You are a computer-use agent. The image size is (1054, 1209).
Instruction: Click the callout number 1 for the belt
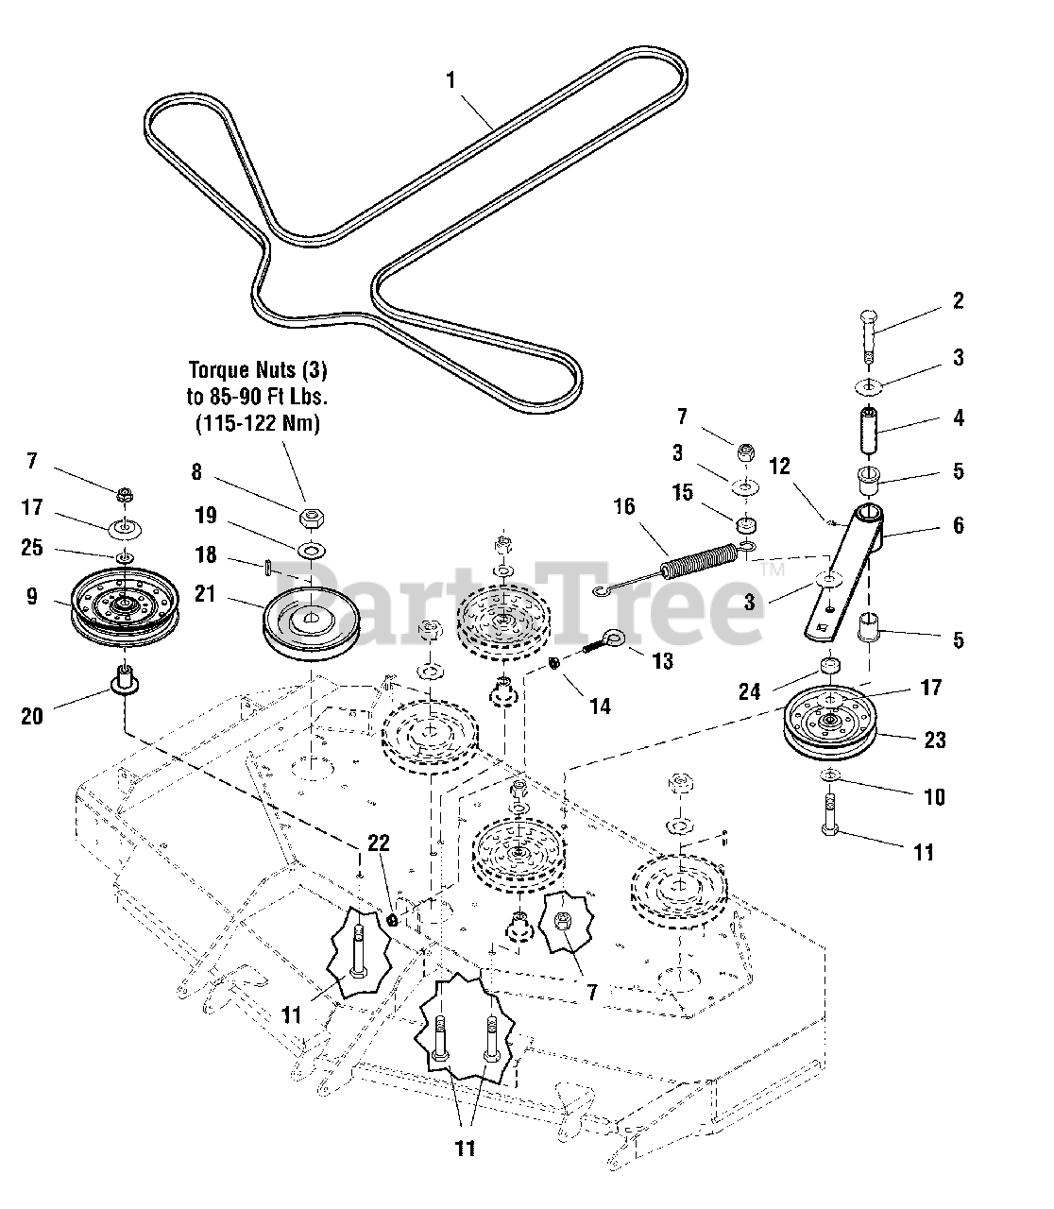[x=451, y=80]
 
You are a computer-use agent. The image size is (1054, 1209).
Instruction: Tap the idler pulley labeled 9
[x=125, y=604]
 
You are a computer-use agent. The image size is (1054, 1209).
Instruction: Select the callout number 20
[x=31, y=716]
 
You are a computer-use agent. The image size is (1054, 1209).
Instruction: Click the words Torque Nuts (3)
[x=259, y=368]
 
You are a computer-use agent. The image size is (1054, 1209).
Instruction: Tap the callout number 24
[x=749, y=691]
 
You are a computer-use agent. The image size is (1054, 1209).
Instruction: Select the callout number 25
[x=31, y=548]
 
